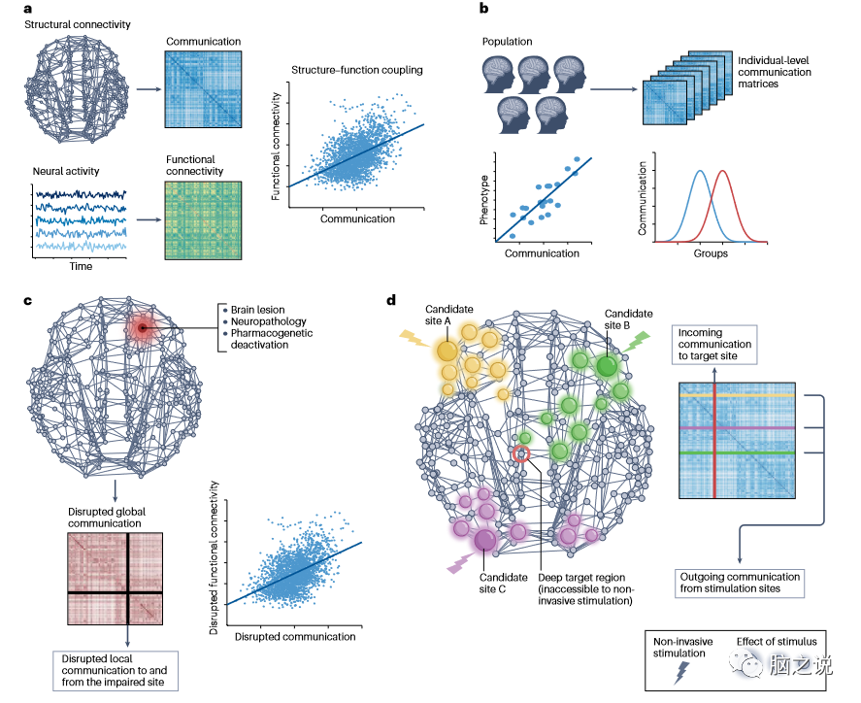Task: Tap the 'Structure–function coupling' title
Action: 346,70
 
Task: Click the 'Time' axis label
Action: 82,265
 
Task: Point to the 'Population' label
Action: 509,42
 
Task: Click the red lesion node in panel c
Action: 142,330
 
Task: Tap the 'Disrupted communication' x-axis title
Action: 293,636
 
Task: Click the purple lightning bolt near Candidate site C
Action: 457,564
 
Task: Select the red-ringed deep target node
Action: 521,453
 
